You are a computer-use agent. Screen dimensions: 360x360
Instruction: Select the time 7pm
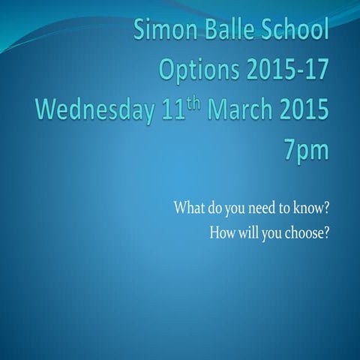click(306, 151)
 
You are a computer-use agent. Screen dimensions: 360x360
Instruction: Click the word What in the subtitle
click(188, 207)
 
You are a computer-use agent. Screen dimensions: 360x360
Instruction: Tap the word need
click(267, 207)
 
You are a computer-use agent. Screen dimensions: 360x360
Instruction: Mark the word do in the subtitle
click(215, 207)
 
